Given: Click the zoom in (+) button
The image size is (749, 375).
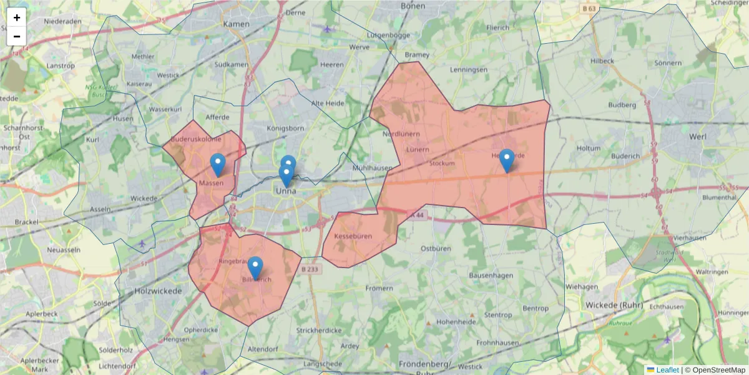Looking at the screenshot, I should [17, 17].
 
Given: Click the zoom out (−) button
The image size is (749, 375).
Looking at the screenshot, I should [17, 36].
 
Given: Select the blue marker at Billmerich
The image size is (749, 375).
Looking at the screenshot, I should [255, 268].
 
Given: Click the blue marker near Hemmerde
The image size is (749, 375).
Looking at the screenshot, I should [507, 160].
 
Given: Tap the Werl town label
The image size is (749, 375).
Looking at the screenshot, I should [697, 136].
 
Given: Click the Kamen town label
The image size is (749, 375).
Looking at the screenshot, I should [236, 24].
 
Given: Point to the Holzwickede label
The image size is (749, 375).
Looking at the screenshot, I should [158, 291].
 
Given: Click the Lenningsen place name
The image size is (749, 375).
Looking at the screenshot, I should [468, 69].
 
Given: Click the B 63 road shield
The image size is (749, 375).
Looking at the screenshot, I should [589, 8].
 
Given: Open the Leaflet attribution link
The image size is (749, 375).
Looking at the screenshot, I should [667, 370].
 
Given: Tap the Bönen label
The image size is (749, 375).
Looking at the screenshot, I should [413, 6].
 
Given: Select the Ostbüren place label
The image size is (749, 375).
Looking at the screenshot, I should [436, 248].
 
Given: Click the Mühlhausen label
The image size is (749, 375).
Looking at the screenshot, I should [373, 168].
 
